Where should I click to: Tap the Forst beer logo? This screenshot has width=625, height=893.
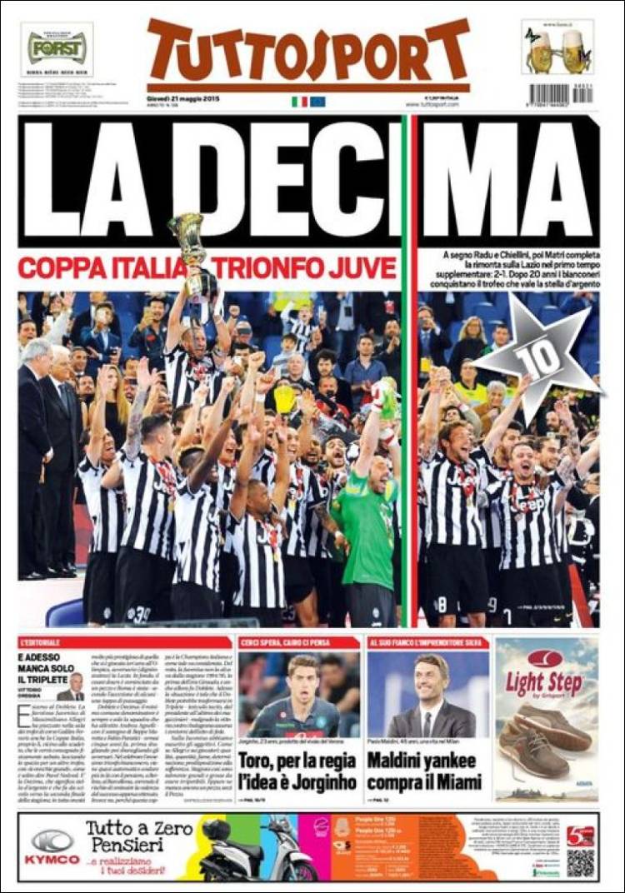[x=57, y=47]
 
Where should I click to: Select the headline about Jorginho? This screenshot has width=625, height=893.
[x=297, y=771]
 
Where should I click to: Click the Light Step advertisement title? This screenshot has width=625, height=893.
[x=546, y=683]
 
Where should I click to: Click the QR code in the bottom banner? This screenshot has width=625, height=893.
[x=581, y=861]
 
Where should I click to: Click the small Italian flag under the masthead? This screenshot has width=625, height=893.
[x=299, y=102]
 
